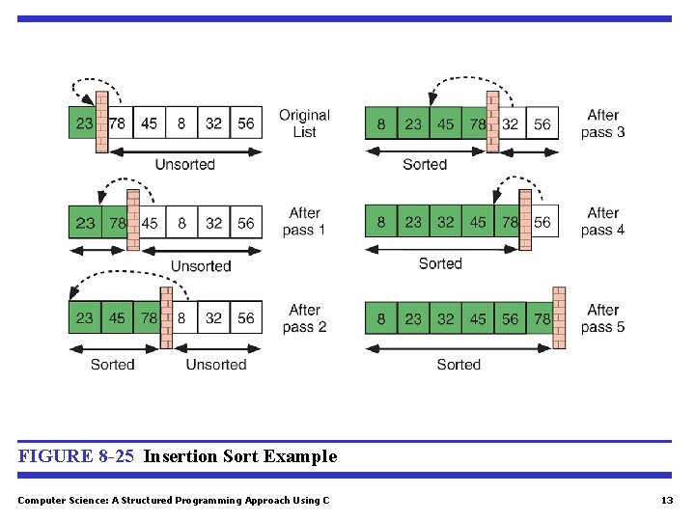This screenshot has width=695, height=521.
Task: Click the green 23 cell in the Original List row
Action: click(x=84, y=123)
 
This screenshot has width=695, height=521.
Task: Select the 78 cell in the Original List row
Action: click(x=118, y=123)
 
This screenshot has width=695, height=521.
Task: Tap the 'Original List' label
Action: click(x=304, y=123)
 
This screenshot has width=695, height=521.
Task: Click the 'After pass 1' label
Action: click(x=304, y=222)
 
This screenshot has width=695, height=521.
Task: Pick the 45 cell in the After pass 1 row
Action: click(x=150, y=223)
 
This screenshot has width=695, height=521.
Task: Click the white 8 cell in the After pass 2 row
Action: click(x=181, y=317)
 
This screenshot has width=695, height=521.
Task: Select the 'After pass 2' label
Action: click(x=304, y=318)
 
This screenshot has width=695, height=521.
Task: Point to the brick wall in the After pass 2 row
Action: click(x=166, y=317)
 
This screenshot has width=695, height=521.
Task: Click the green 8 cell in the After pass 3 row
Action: click(x=381, y=123)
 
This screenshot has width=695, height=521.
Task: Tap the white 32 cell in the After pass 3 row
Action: click(x=511, y=123)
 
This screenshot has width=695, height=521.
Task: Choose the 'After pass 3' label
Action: click(x=602, y=123)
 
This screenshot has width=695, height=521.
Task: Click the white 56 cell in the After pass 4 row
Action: click(x=542, y=223)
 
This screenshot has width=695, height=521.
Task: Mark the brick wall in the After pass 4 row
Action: click(x=525, y=221)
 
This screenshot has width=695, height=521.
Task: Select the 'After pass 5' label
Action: click(x=602, y=318)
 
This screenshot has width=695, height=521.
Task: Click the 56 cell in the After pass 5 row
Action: click(x=511, y=318)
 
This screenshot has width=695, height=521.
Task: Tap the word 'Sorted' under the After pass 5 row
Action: click(x=458, y=365)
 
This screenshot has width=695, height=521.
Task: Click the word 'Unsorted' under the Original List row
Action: click(x=184, y=165)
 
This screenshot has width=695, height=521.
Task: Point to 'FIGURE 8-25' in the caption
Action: click(x=75, y=456)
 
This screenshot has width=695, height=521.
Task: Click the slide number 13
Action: click(x=666, y=500)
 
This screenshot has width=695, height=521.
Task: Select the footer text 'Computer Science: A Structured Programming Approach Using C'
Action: click(x=174, y=500)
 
